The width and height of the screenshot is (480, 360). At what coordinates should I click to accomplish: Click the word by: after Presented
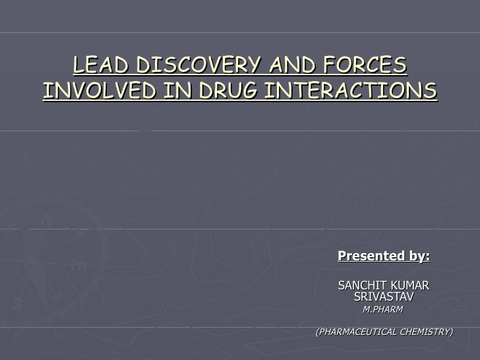[418, 256]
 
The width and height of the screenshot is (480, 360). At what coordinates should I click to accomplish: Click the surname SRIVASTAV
[384, 297]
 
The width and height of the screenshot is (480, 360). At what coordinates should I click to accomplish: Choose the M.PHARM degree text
[383, 309]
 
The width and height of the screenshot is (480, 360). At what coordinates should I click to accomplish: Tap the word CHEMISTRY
[423, 332]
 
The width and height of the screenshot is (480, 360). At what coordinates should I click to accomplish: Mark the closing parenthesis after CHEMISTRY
[452, 332]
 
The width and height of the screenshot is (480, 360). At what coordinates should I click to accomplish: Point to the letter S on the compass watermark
[18, 304]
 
